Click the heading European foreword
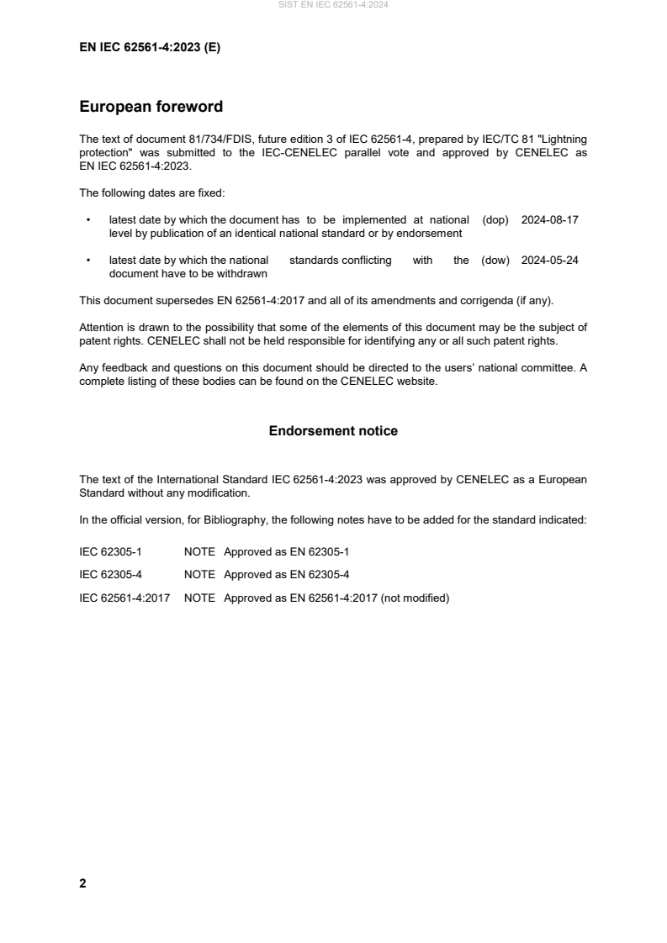coord(151,107)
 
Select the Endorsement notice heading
coord(333,431)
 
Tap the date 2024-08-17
coord(550,219)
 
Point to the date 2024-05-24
coord(550,261)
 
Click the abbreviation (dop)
coord(496,219)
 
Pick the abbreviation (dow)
coord(496,261)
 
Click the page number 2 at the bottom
coord(82,883)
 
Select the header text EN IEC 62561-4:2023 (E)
coord(150,47)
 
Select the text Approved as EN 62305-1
coord(286,551)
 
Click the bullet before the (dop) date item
coord(88,219)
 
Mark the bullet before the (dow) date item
coord(88,261)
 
